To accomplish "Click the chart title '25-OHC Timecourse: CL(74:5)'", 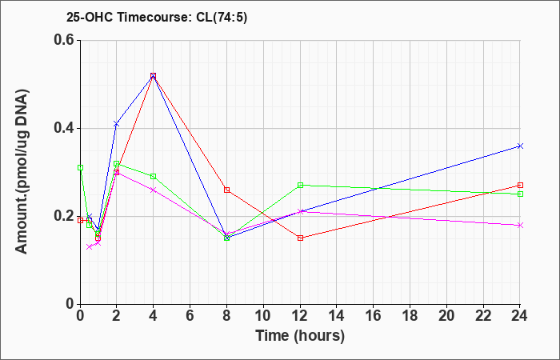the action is pyautogui.click(x=157, y=17).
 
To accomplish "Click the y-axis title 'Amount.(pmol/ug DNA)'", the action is pyautogui.click(x=22, y=171).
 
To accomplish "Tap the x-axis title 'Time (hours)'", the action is pyautogui.click(x=300, y=336).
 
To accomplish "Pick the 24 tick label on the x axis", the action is pyautogui.click(x=519, y=315).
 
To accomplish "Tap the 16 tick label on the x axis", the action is pyautogui.click(x=373, y=315).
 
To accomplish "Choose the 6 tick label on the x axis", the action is pyautogui.click(x=190, y=315).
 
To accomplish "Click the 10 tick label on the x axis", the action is pyautogui.click(x=263, y=315).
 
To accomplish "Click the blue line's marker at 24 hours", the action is pyautogui.click(x=520, y=146).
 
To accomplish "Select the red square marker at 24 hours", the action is pyautogui.click(x=520, y=185).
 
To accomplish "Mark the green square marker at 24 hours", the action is pyautogui.click(x=520, y=194).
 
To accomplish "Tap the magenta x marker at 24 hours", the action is pyautogui.click(x=520, y=225).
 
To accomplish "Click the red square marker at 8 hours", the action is pyautogui.click(x=226, y=190).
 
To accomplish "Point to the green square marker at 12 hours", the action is pyautogui.click(x=300, y=185).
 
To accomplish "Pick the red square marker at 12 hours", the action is pyautogui.click(x=300, y=238).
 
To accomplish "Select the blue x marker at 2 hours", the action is pyautogui.click(x=116, y=124).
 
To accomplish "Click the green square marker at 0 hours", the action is pyautogui.click(x=80, y=167).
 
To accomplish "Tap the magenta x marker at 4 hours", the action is pyautogui.click(x=154, y=190).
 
